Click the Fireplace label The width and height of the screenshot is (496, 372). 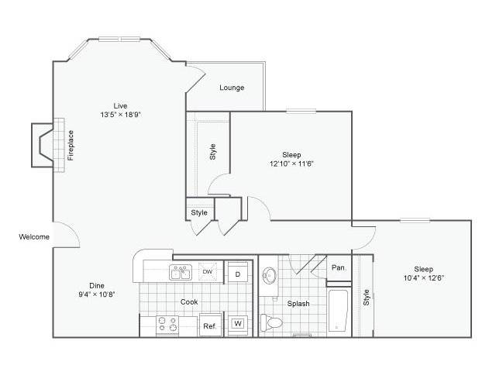(x=71, y=145)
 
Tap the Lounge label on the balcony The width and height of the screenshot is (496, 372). (x=232, y=88)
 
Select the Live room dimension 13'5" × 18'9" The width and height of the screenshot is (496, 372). (x=121, y=115)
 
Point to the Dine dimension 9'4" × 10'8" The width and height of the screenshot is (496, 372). (x=96, y=294)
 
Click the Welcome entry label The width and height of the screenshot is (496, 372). (x=34, y=236)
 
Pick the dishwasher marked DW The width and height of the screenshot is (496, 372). (x=208, y=271)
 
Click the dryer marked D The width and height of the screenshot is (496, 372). (x=238, y=274)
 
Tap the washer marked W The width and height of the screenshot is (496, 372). (x=238, y=324)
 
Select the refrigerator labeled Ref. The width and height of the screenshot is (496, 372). (x=210, y=325)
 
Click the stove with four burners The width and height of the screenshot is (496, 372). (x=167, y=325)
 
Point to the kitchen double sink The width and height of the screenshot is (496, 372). (x=181, y=272)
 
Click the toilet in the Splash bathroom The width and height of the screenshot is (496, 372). (x=271, y=322)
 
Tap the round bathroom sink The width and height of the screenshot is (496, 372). (x=269, y=276)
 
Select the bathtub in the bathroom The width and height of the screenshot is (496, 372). (x=338, y=310)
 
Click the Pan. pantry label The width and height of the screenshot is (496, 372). (x=339, y=267)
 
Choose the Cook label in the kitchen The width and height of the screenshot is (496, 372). (x=189, y=301)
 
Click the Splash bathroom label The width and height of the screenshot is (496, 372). (x=298, y=304)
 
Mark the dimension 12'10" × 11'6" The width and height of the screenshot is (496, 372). (x=291, y=164)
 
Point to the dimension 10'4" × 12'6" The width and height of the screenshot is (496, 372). (x=424, y=278)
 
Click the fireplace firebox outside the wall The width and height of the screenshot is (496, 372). (x=43, y=145)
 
